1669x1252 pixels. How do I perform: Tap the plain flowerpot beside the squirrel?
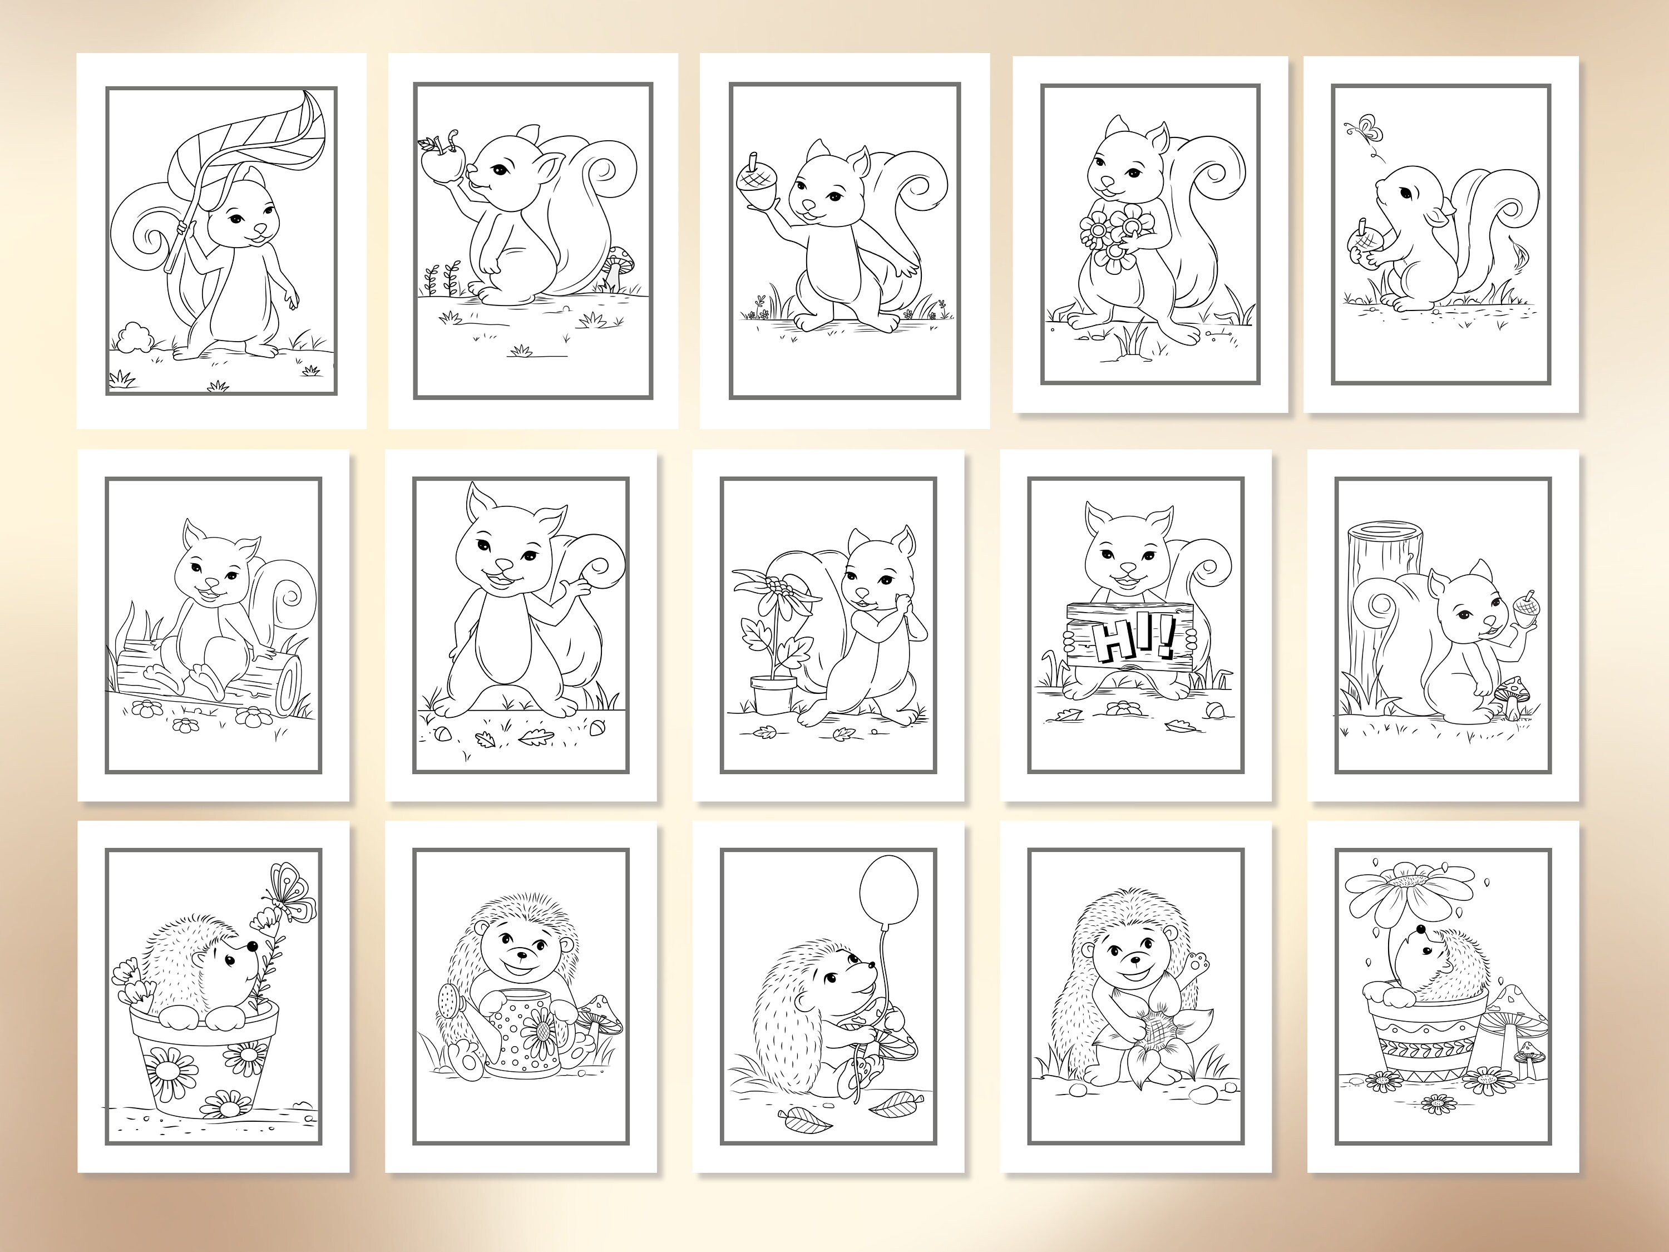pos(773,693)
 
